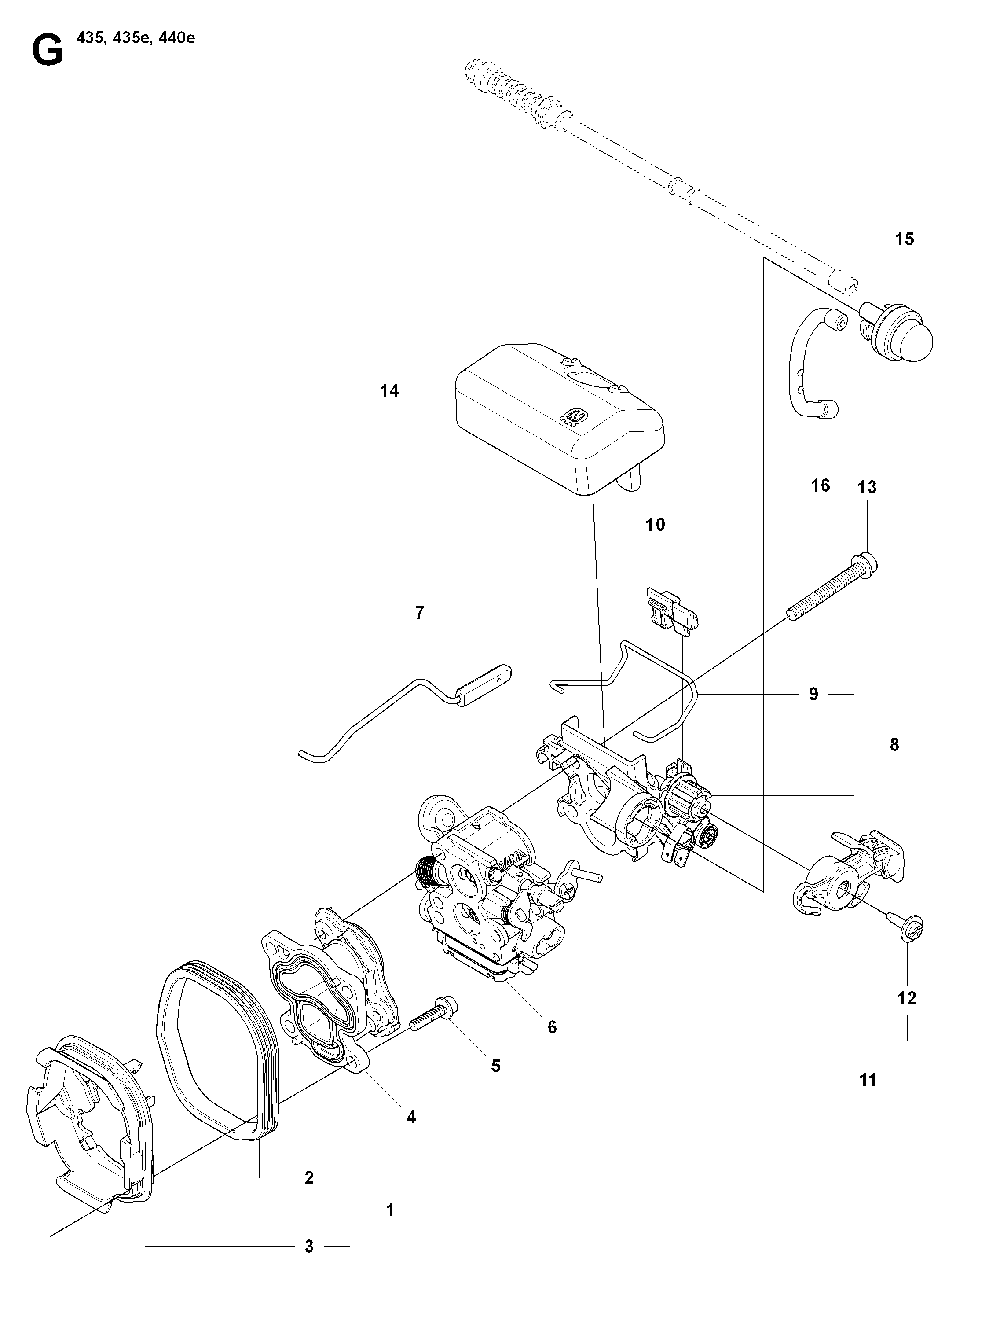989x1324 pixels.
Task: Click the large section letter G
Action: (47, 51)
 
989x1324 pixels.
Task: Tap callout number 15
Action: (904, 239)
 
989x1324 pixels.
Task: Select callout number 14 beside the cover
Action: (389, 391)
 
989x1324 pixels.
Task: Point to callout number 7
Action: (419, 613)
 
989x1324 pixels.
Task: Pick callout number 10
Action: (655, 525)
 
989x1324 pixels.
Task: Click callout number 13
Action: (867, 487)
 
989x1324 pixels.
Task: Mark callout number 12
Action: (907, 998)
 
